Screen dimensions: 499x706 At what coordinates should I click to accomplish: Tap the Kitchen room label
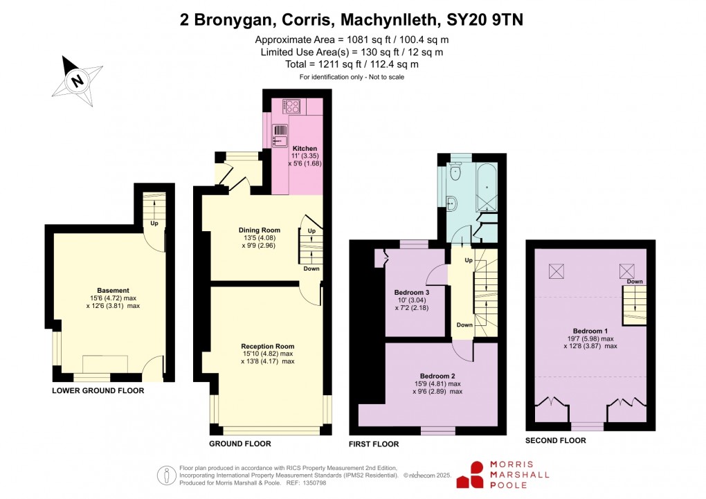pyautogui.click(x=305, y=148)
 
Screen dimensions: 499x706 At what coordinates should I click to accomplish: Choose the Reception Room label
pyautogui.click(x=267, y=346)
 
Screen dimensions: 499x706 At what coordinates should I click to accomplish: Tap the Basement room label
pyautogui.click(x=113, y=290)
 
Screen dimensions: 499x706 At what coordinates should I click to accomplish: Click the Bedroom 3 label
pyautogui.click(x=412, y=292)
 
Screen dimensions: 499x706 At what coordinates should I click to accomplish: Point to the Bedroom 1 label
pyautogui.click(x=590, y=330)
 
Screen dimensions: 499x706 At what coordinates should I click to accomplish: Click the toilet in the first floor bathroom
pyautogui.click(x=455, y=173)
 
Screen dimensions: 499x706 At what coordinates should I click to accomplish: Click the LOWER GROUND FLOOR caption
pyautogui.click(x=98, y=391)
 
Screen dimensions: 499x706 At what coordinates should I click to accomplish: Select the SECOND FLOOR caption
pyautogui.click(x=555, y=440)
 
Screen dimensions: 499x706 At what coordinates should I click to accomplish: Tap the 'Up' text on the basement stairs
pyautogui.click(x=154, y=224)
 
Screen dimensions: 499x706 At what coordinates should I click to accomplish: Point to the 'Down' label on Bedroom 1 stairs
pyautogui.click(x=634, y=282)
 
